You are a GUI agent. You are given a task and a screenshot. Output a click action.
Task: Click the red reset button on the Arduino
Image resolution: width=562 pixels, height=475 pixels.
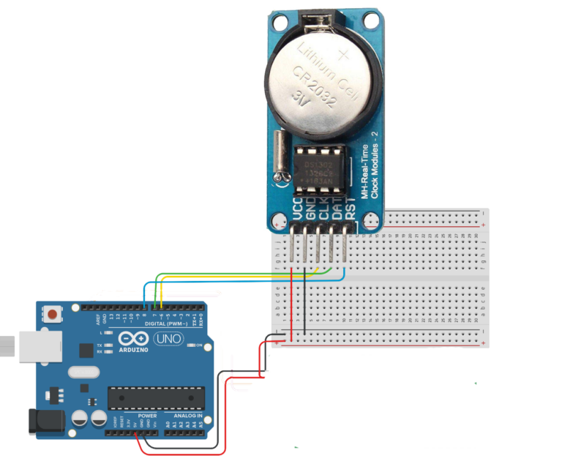[x=53, y=315]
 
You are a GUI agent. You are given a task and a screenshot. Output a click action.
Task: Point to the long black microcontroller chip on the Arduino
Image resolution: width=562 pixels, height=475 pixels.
[x=154, y=397]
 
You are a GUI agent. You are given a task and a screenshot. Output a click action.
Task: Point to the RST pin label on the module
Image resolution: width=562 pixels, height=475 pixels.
[x=351, y=211]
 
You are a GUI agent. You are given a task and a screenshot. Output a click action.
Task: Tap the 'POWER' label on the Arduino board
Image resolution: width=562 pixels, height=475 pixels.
[x=147, y=415]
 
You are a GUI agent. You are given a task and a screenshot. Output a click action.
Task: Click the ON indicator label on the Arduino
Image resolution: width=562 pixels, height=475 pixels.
[x=198, y=344]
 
